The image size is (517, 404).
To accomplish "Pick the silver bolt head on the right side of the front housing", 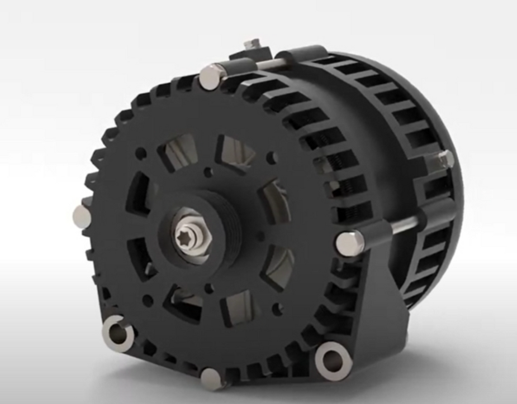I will (347, 241).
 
